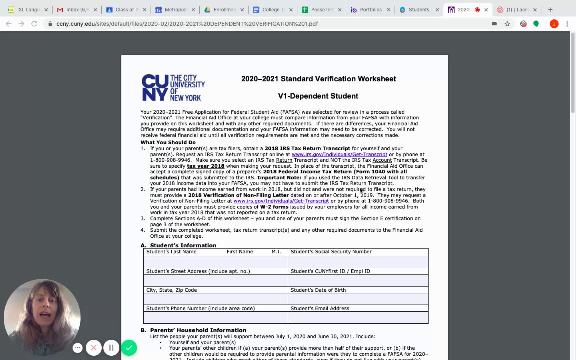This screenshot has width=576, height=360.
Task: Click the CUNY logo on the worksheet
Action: click(x=172, y=88)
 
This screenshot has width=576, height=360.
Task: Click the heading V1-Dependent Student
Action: click(x=318, y=96)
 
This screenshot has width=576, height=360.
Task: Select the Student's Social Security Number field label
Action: click(x=331, y=252)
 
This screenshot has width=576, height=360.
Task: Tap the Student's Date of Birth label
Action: click(x=318, y=290)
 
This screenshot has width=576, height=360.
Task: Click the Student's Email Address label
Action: click(x=319, y=308)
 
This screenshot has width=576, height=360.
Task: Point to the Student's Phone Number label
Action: click(x=200, y=308)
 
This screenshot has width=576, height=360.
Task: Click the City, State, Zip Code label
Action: click(x=171, y=290)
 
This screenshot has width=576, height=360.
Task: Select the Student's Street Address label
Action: click(x=198, y=271)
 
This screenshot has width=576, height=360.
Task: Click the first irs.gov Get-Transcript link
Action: click(x=339, y=155)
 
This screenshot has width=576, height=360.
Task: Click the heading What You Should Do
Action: click(x=168, y=142)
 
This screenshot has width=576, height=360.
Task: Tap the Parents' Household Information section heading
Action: click(x=198, y=330)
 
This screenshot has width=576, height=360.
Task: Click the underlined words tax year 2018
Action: click(x=205, y=166)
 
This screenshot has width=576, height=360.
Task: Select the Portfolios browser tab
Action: click(x=370, y=10)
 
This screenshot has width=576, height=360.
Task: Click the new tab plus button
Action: click(x=550, y=10)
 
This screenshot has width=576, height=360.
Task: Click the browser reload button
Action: click(x=34, y=24)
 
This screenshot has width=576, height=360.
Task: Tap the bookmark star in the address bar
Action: click(x=507, y=24)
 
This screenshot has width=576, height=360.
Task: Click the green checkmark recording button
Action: click(x=129, y=347)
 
